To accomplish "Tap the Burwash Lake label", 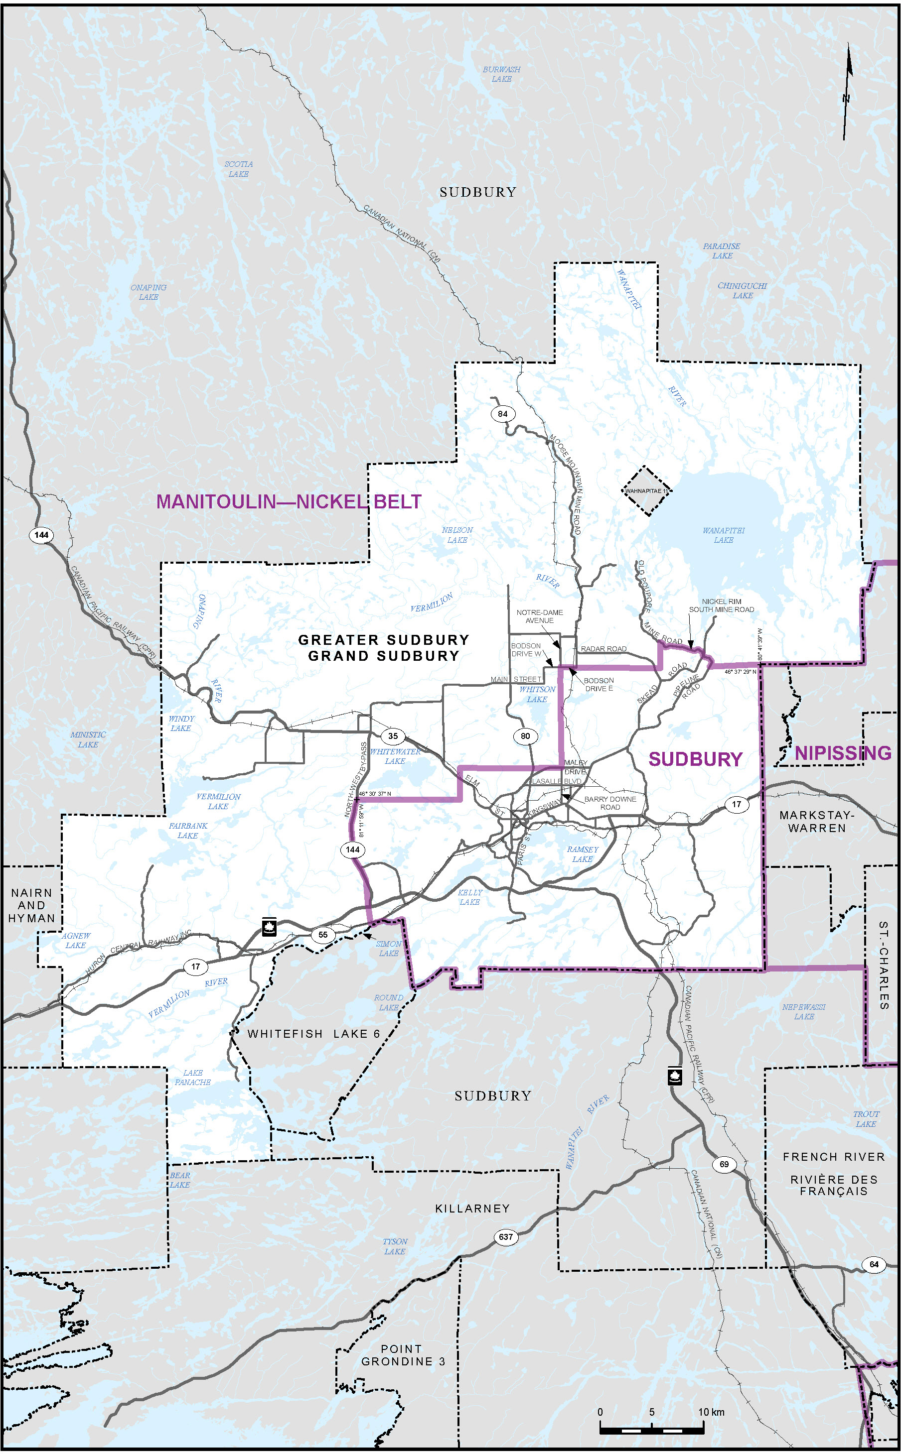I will [501, 74].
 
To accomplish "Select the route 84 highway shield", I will [503, 414].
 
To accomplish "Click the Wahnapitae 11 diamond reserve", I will [646, 491].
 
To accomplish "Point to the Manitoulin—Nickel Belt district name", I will [289, 502].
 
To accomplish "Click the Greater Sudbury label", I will [384, 640].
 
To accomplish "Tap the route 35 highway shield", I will [393, 736].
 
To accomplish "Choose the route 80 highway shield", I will [525, 736].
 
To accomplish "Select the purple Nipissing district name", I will [843, 753].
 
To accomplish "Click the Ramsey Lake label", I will [582, 854].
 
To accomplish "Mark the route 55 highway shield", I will [322, 935].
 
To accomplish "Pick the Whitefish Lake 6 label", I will [313, 1034].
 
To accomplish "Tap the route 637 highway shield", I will [505, 1237].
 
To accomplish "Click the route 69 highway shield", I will [724, 1164].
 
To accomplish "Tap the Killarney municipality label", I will [472, 1208].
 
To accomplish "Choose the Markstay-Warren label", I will [816, 821].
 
